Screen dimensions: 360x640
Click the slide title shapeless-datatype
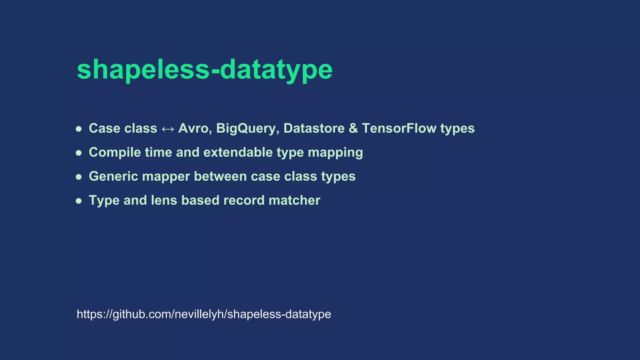click(x=205, y=69)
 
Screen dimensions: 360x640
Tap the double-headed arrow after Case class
click(x=168, y=129)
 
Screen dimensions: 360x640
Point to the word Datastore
click(x=314, y=128)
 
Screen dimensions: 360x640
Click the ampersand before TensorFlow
click(x=353, y=128)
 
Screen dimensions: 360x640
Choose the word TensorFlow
click(x=399, y=128)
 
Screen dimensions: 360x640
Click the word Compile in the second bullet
click(x=115, y=152)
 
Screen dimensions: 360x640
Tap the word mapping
click(x=335, y=152)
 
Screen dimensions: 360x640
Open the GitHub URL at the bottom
click(x=204, y=314)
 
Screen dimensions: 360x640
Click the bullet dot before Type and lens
click(x=79, y=201)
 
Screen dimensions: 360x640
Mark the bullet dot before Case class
click(x=79, y=129)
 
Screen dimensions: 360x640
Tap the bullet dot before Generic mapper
click(x=79, y=177)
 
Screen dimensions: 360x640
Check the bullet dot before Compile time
click(x=79, y=153)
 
